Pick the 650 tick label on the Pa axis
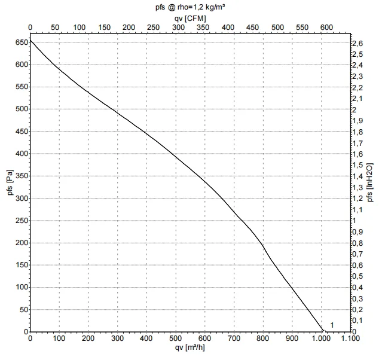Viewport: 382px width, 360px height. point(21,42)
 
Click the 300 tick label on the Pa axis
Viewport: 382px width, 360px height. point(21,198)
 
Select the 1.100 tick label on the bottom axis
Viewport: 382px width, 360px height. point(350,338)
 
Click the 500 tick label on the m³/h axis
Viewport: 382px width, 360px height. point(176,338)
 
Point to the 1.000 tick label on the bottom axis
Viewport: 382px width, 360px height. point(321,338)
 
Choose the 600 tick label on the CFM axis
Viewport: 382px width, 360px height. point(326,28)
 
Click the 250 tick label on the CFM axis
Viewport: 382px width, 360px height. point(154,28)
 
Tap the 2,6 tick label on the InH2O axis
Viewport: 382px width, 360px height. point(357,44)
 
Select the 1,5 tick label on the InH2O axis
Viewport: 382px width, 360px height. point(357,165)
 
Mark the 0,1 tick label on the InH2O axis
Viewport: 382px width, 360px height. point(357,321)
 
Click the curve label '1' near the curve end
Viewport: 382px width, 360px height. point(332,325)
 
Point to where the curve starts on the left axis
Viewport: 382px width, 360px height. point(30,40)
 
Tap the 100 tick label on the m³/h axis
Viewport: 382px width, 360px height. point(60,338)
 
